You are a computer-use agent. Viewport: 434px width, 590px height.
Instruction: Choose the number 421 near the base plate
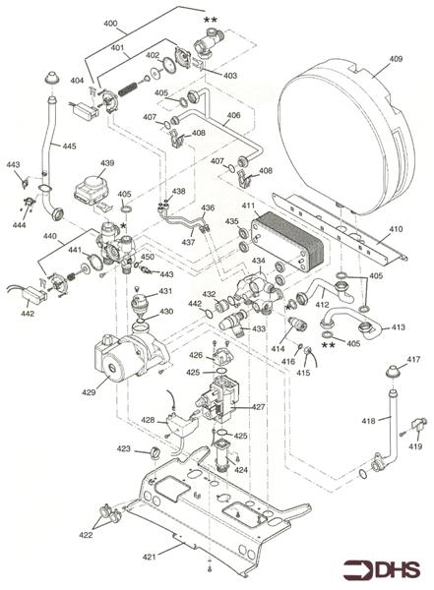tap(149, 557)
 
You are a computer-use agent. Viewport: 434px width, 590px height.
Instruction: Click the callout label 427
tap(258, 406)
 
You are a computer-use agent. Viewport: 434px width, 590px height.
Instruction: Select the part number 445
tap(68, 147)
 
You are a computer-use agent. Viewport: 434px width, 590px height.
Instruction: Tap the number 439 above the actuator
tap(106, 163)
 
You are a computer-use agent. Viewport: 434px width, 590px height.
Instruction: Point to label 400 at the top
tap(110, 23)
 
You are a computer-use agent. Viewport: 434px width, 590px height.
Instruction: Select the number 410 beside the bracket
tap(396, 228)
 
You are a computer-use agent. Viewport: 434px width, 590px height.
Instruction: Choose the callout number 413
tap(398, 326)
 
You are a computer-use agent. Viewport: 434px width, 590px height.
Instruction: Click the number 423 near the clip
tap(124, 448)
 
